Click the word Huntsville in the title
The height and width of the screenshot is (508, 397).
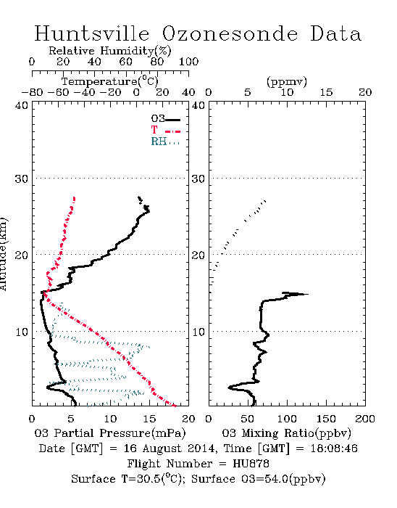pos(92,33)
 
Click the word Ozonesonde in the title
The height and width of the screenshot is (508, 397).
pos(230,33)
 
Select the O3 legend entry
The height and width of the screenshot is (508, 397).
pos(165,119)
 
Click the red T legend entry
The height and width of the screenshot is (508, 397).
pos(165,130)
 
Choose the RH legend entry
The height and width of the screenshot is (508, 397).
pos(165,142)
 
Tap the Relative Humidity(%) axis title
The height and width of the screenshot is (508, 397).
pos(110,51)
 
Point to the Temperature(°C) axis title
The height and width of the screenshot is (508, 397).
pos(110,81)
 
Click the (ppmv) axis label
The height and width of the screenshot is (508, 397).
pos(286,81)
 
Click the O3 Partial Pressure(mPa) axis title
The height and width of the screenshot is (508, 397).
pos(110,433)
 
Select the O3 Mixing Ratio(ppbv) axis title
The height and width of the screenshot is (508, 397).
pos(286,433)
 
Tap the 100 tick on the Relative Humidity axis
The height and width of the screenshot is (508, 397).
pos(188,62)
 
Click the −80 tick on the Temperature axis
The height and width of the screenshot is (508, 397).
pos(32,92)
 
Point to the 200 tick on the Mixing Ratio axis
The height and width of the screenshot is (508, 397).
pos(365,419)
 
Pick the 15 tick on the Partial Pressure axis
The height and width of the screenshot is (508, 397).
pos(149,419)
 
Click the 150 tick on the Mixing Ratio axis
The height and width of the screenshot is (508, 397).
pos(326,419)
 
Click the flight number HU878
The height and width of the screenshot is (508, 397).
pos(251,464)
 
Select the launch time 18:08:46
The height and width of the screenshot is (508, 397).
pos(334,448)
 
